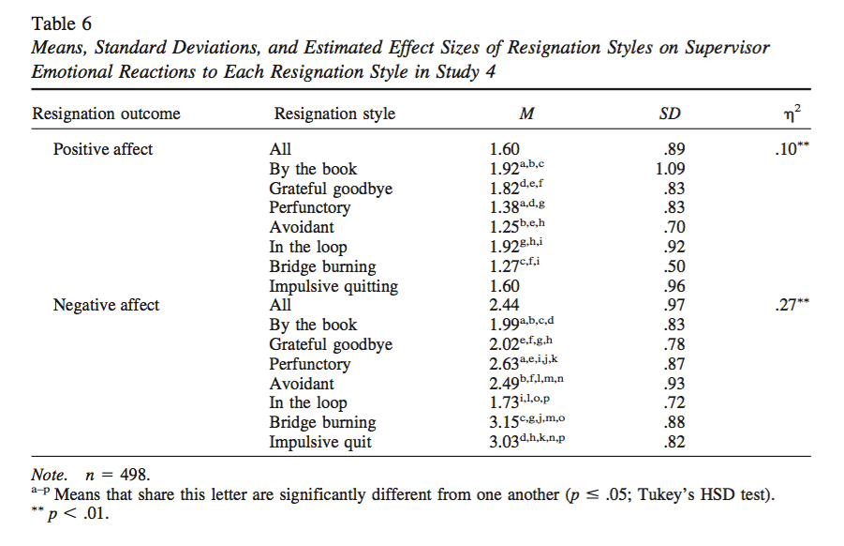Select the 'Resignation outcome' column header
[x=106, y=114]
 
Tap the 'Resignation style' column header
[x=334, y=114]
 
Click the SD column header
[x=670, y=114]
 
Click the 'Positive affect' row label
[x=103, y=149]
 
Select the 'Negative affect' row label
[x=106, y=305]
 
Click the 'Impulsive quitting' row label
[x=333, y=286]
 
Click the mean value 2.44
[x=506, y=305]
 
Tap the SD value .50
[x=673, y=266]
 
